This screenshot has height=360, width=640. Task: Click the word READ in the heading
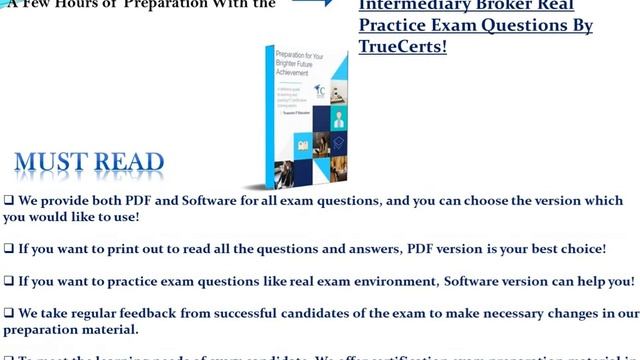click(x=128, y=162)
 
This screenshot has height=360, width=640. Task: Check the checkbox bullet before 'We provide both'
click(x=9, y=200)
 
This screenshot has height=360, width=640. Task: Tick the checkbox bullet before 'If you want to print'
click(x=9, y=248)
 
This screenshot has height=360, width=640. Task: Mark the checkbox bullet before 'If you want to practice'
click(x=9, y=281)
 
